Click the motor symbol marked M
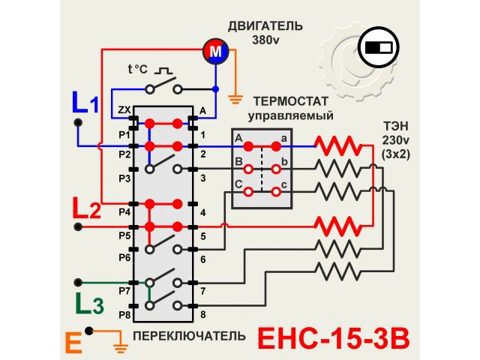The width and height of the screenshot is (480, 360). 215,52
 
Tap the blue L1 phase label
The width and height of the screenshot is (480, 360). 85,102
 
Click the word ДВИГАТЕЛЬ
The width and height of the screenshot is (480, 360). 266,26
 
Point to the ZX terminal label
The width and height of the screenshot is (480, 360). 124,111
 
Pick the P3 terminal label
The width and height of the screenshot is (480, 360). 124,178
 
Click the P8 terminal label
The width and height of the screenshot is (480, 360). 124,315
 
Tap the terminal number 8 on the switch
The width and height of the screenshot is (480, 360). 202,315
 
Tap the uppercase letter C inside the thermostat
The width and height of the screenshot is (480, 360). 238,184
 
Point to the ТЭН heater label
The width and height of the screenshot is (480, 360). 395,125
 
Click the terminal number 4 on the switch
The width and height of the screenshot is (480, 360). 202,213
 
